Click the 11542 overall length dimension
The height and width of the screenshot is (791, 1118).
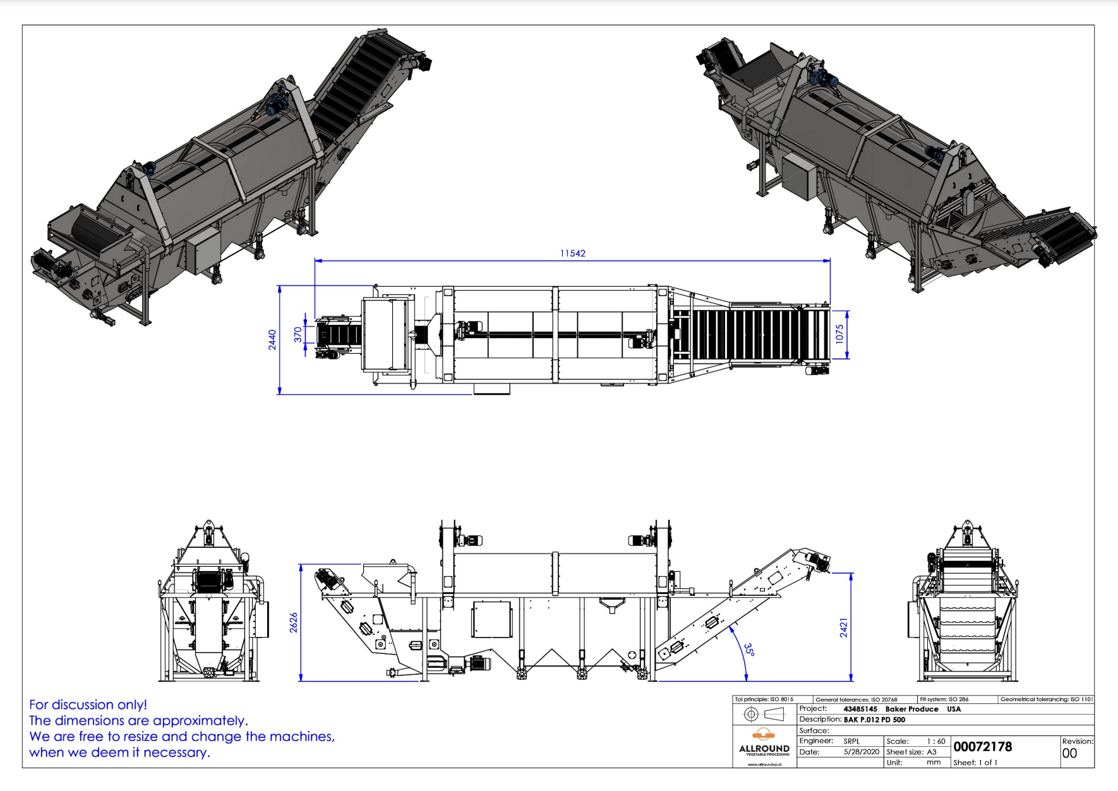[x=572, y=253]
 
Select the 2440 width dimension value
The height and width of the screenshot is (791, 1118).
[x=272, y=339]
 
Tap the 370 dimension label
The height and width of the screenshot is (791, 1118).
[x=298, y=335]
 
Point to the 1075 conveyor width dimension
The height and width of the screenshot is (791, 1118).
[x=839, y=334]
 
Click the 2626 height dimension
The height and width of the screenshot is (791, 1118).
[x=294, y=622]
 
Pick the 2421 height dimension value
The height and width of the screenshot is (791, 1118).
[x=844, y=628]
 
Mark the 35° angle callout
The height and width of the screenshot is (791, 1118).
[x=748, y=649]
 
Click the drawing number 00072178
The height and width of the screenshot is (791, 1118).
[x=982, y=747]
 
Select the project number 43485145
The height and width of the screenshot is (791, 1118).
[x=860, y=709]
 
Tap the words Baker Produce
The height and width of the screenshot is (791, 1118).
[x=911, y=709]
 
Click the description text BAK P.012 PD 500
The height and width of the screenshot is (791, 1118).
[x=874, y=720]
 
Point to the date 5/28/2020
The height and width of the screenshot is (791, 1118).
[x=861, y=752]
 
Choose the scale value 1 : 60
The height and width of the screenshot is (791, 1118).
[x=935, y=741]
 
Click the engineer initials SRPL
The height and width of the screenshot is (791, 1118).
[x=851, y=741]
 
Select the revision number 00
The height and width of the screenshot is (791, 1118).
[x=1069, y=753]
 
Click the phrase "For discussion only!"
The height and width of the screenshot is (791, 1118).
[x=88, y=704]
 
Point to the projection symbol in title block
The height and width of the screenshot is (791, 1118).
[x=764, y=714]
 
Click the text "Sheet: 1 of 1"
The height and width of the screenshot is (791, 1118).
[x=975, y=763]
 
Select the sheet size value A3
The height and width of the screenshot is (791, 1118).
[x=932, y=752]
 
